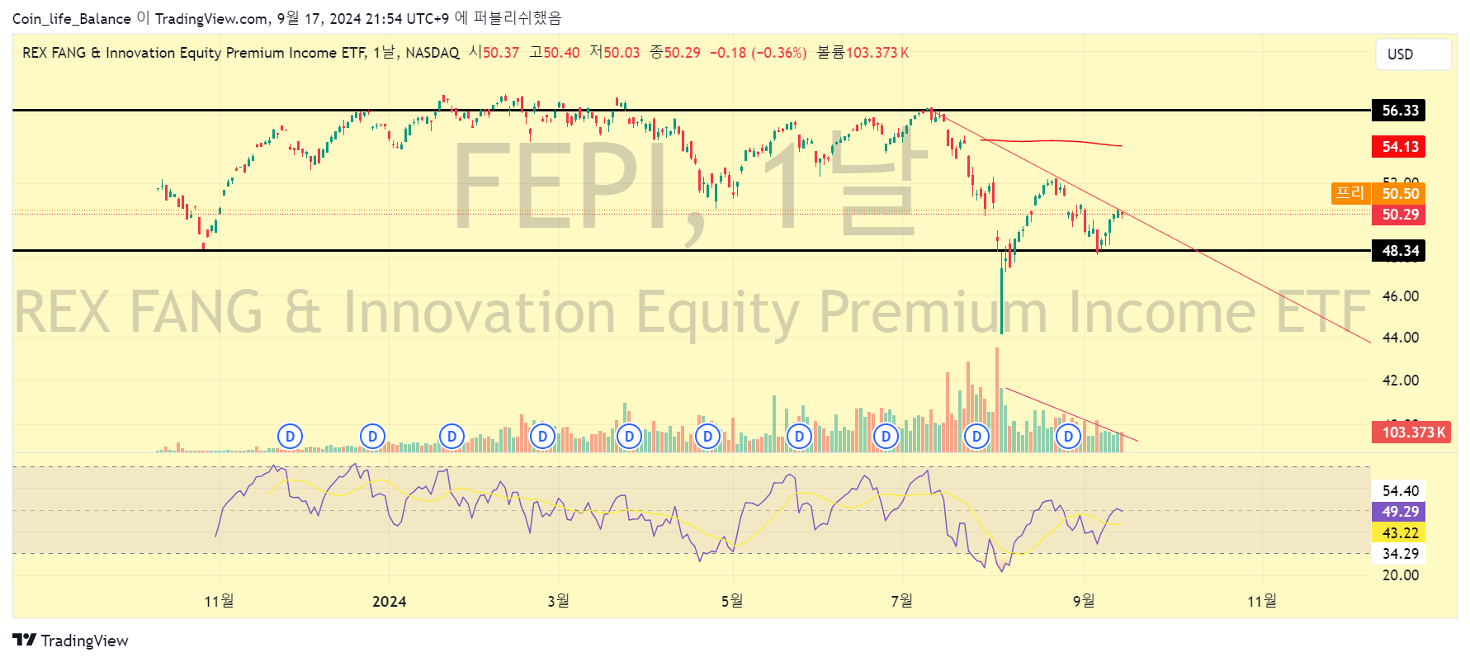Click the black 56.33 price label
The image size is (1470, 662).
coord(1399,111)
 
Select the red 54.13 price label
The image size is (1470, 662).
coord(1399,147)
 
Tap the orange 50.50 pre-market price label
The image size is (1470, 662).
coord(1399,194)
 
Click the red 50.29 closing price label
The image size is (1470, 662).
coord(1399,215)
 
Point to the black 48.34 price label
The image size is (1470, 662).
coord(1399,251)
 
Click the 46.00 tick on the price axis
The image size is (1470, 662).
coord(1400,296)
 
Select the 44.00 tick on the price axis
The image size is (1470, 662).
coord(1400,338)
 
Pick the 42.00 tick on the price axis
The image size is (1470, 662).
coord(1400,381)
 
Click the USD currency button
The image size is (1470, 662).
coord(1412,54)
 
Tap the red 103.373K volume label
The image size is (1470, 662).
coord(1412,433)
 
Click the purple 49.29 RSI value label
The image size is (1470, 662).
coord(1399,512)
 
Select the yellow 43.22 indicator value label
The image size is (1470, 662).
coord(1399,533)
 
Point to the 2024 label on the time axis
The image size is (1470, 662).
coord(389,602)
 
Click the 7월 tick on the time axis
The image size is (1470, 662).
coord(902,601)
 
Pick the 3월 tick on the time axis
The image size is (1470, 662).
coord(559,601)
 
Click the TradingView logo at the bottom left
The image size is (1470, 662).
coord(70,641)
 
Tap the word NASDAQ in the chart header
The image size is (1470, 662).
coord(432,53)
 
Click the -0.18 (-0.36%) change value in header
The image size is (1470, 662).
coord(758,53)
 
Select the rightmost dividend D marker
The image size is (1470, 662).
coord(1068,436)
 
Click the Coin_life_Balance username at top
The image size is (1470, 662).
coord(71,19)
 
